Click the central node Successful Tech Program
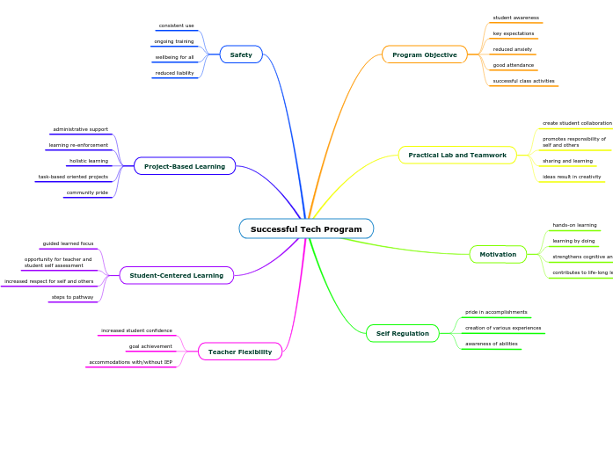click(x=306, y=229)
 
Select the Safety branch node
click(x=241, y=54)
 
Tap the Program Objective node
click(x=424, y=54)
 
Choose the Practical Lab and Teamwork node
click(x=457, y=156)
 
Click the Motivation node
click(x=498, y=255)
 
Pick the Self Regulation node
click(x=402, y=334)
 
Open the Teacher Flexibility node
click(x=240, y=352)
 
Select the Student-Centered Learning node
click(x=177, y=276)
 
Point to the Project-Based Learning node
click(x=185, y=166)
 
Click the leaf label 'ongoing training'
click(x=174, y=41)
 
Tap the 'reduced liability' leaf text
click(x=174, y=73)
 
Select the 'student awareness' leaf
click(x=515, y=18)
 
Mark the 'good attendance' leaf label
click(x=513, y=65)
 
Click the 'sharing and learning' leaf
click(x=567, y=161)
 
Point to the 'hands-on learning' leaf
click(x=574, y=225)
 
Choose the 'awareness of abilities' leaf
click(x=491, y=344)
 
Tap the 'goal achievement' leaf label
click(x=150, y=346)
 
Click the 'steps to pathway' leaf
click(x=72, y=297)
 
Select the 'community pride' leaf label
click(x=87, y=192)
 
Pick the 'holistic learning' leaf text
click(x=89, y=161)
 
